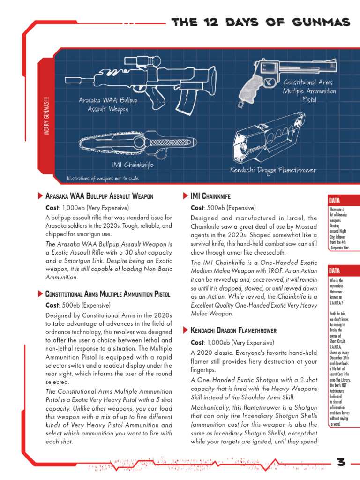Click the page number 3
click(x=341, y=462)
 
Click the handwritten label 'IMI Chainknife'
click(x=133, y=165)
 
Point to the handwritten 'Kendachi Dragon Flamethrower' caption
click(x=273, y=170)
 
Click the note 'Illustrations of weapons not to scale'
click(x=103, y=178)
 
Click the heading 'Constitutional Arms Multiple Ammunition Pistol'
click(x=107, y=294)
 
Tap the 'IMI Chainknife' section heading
click(x=210, y=195)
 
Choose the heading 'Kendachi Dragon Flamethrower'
click(x=233, y=330)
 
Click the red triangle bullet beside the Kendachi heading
click(x=185, y=330)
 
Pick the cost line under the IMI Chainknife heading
click(x=223, y=208)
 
